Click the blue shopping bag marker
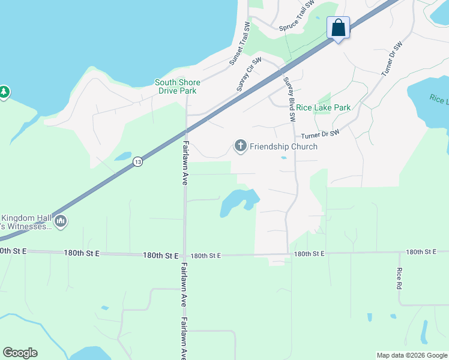(x=338, y=28)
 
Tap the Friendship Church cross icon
(x=240, y=146)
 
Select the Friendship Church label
(x=283, y=146)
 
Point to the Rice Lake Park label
(x=324, y=107)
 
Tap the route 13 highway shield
(x=138, y=162)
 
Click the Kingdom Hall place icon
(x=60, y=222)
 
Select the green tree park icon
(x=4, y=92)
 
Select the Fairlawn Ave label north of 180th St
(x=185, y=163)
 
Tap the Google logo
(x=20, y=353)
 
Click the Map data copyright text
(x=411, y=355)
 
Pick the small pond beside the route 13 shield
(x=123, y=157)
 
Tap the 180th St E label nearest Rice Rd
(x=426, y=252)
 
